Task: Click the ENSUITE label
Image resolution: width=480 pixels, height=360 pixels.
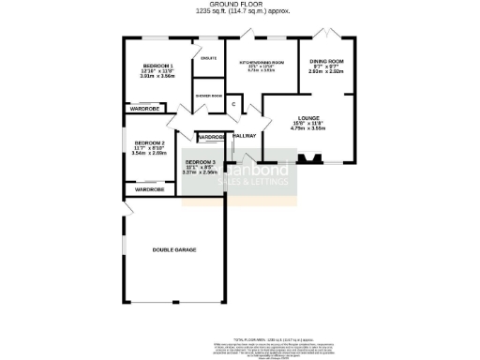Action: click(208, 58)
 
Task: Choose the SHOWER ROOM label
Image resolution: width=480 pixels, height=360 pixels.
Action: click(208, 96)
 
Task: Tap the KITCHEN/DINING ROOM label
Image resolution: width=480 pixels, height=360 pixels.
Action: click(261, 64)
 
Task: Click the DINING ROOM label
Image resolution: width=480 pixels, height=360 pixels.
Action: click(327, 62)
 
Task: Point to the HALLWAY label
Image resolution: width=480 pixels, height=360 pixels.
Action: click(245, 137)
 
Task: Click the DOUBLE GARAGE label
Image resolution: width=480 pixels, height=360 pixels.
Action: click(174, 249)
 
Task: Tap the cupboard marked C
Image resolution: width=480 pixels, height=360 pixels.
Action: click(233, 104)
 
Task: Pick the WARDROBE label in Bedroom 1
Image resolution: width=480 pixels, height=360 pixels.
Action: click(142, 110)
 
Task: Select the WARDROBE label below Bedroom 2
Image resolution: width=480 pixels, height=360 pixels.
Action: click(149, 189)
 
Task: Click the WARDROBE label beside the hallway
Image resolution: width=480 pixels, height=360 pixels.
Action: click(211, 138)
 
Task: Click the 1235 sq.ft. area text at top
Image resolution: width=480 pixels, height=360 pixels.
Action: click(241, 12)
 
